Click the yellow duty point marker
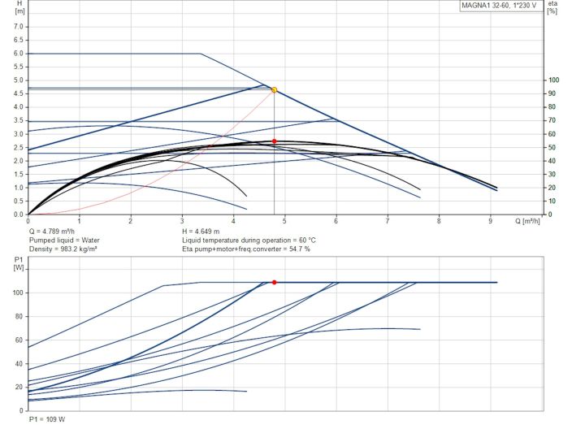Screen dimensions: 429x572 tap(274, 89)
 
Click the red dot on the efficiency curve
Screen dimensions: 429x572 tap(274, 141)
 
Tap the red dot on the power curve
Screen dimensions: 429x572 tap(274, 282)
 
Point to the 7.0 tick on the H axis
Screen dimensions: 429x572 tap(19, 26)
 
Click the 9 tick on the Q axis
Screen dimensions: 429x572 tap(490, 221)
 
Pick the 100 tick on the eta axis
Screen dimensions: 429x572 tap(554, 80)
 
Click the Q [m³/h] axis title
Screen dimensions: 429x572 tap(529, 220)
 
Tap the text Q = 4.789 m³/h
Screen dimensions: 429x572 tap(57, 232)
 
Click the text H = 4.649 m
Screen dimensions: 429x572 tap(205, 232)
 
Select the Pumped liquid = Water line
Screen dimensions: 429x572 tap(64, 240)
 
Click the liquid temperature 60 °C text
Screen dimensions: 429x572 tap(249, 240)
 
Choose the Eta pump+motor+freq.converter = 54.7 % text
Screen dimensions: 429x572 tap(246, 249)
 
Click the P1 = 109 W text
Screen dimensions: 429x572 tap(45, 419)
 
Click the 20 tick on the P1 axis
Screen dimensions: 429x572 tap(19, 387)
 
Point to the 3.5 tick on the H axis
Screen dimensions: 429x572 tap(19, 120)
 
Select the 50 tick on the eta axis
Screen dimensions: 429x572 tap(552, 147)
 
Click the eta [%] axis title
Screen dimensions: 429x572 tap(553, 8)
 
